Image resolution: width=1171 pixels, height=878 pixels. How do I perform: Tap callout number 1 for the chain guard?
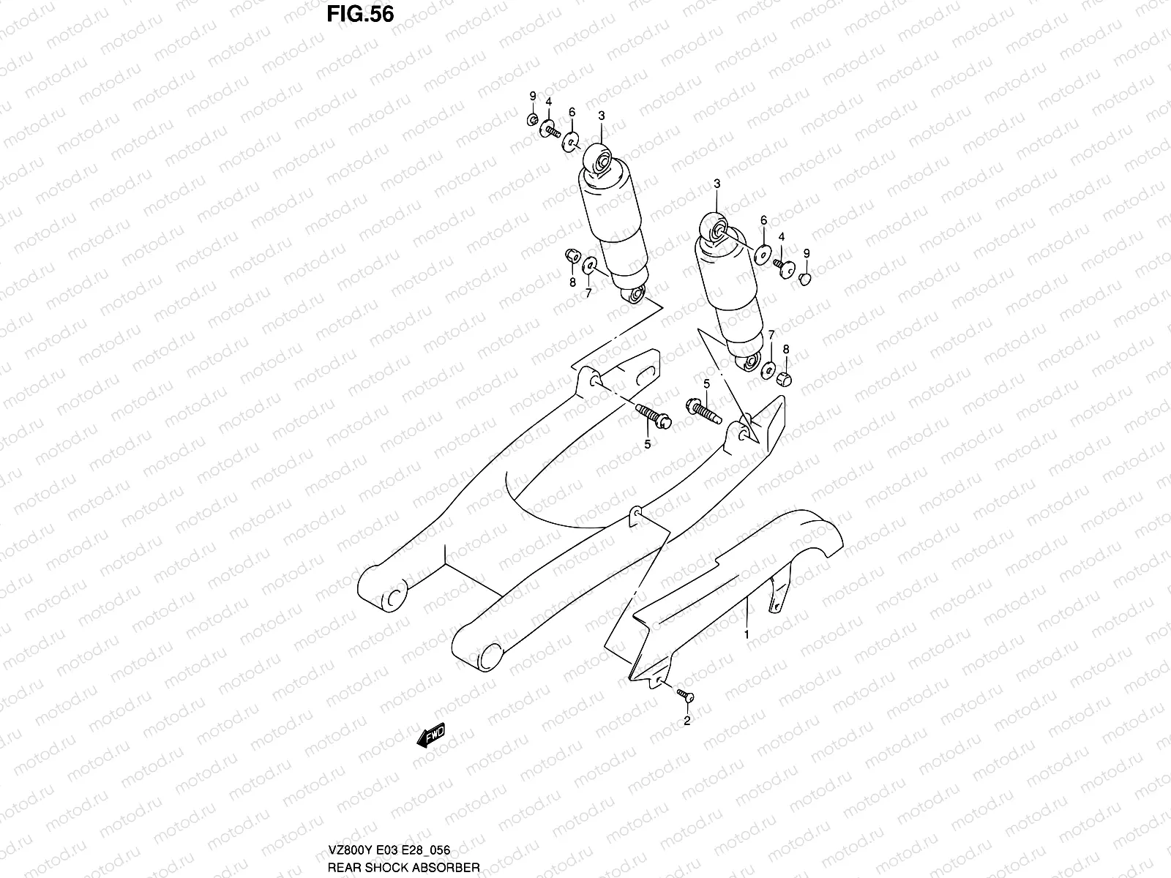pos(747,635)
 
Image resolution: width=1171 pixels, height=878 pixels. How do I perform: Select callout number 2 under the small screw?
pos(686,721)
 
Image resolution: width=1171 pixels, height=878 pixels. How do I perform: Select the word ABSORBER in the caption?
pos(449,867)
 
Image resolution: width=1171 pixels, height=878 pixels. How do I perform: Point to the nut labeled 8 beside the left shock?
pos(571,255)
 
